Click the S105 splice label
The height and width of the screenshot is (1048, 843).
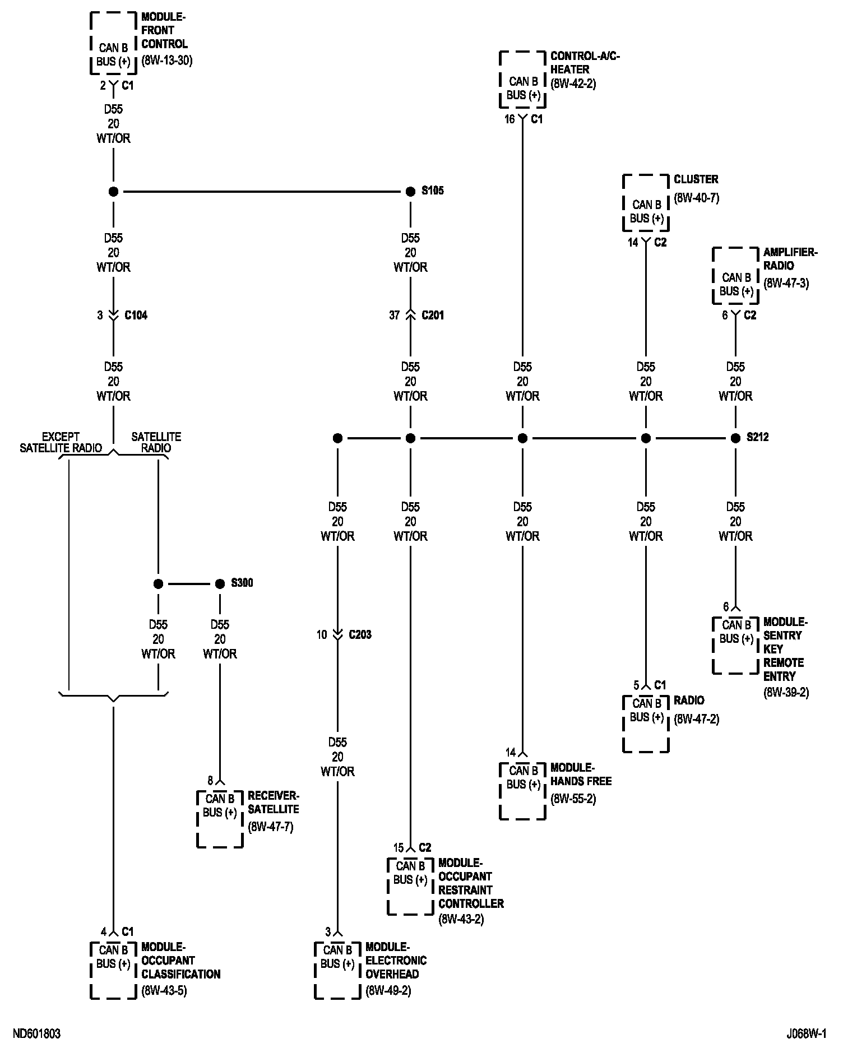[x=432, y=191]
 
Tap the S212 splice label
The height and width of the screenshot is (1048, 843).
[x=757, y=438]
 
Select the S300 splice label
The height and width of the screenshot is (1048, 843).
[x=242, y=583]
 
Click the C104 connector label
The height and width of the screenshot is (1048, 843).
[x=136, y=316]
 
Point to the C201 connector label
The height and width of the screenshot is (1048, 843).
[x=432, y=316]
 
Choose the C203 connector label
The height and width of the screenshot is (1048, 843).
[x=360, y=635]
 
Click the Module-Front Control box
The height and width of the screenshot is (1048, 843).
[x=113, y=44]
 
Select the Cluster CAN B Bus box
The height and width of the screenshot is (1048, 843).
[x=646, y=203]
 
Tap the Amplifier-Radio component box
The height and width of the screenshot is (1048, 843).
[x=735, y=276]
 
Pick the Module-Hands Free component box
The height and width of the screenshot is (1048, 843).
[x=522, y=791]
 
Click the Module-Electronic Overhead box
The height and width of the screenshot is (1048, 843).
[x=337, y=970]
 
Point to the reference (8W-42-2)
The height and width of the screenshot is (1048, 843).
[x=573, y=84]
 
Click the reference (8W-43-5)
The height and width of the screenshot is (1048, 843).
[x=164, y=990]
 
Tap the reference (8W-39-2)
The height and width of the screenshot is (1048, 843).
[x=786, y=692]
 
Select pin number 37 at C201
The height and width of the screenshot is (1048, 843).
[x=395, y=316]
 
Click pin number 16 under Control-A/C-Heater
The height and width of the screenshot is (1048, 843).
[x=509, y=119]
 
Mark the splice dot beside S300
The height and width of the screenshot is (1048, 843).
[x=220, y=584]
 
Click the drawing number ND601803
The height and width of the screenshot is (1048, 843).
[x=36, y=1034]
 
